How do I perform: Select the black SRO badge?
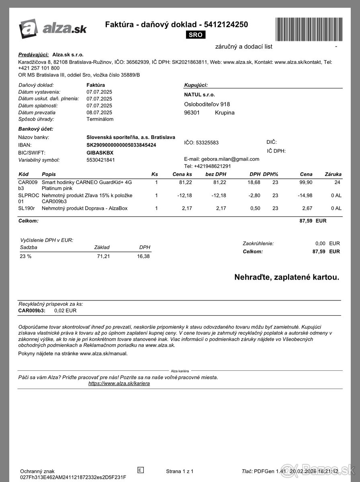[196, 35]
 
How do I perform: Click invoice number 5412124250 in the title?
[226, 25]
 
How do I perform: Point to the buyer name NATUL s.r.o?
[199, 95]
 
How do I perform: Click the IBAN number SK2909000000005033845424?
[121, 145]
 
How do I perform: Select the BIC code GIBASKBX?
[100, 153]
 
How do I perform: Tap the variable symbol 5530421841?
[100, 160]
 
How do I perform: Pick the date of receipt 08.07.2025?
[99, 112]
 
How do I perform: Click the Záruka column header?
[333, 174]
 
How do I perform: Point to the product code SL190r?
[26, 208]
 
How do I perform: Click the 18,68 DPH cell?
[254, 182]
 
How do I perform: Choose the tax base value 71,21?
[103, 256]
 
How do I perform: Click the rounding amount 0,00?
[320, 243]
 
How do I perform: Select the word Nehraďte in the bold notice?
[252, 277]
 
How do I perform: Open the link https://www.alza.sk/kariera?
[119, 384]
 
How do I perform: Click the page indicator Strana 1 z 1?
[180, 471]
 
